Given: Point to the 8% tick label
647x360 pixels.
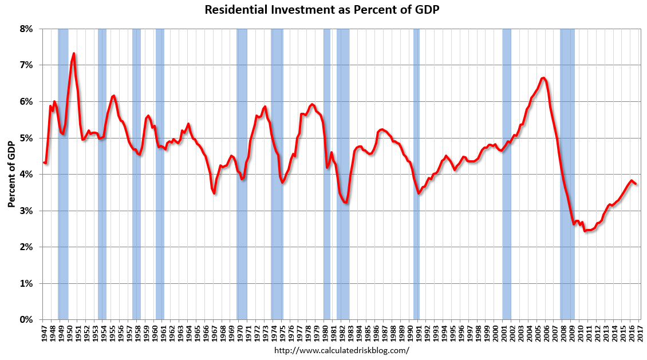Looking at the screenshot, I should point(27,29).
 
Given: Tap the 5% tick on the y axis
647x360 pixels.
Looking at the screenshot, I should point(27,138).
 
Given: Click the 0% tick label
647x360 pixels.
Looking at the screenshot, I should point(27,320).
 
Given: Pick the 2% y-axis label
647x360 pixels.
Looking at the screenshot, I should point(27,247).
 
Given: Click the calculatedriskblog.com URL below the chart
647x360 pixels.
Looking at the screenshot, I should point(342,350).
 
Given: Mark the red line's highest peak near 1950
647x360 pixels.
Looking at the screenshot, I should point(74,54).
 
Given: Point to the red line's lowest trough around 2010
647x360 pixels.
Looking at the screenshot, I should point(585,231).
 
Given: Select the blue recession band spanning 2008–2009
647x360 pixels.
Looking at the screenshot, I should point(567,172).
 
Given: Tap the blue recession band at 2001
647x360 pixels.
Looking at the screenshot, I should point(506,172).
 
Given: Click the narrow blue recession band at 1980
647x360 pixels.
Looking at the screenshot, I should point(327,172).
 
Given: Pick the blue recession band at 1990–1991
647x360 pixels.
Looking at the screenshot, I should point(416,172).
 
